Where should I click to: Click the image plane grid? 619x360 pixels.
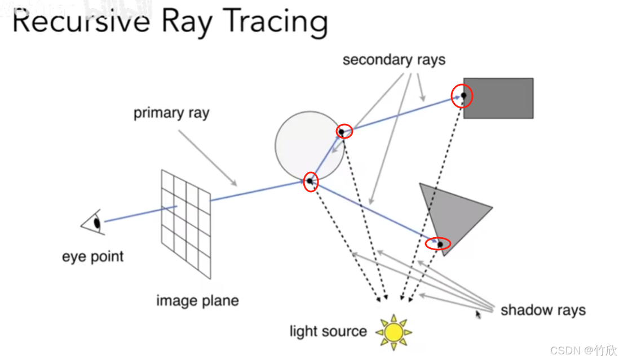[186, 223]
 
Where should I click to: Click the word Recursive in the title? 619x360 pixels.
[81, 23]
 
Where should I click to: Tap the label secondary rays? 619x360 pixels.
[393, 60]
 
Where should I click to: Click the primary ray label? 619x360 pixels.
[171, 113]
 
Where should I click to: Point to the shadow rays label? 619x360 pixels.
[542, 310]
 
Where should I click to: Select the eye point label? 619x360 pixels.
[92, 257]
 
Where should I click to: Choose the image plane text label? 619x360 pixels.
[197, 300]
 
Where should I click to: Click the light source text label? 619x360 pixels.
[328, 331]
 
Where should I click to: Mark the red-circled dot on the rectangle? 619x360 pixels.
[463, 96]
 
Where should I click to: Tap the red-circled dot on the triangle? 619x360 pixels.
[439, 244]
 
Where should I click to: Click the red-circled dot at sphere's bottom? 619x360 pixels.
[309, 181]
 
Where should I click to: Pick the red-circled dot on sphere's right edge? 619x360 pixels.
[342, 132]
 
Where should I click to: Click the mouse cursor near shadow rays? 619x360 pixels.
[478, 314]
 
